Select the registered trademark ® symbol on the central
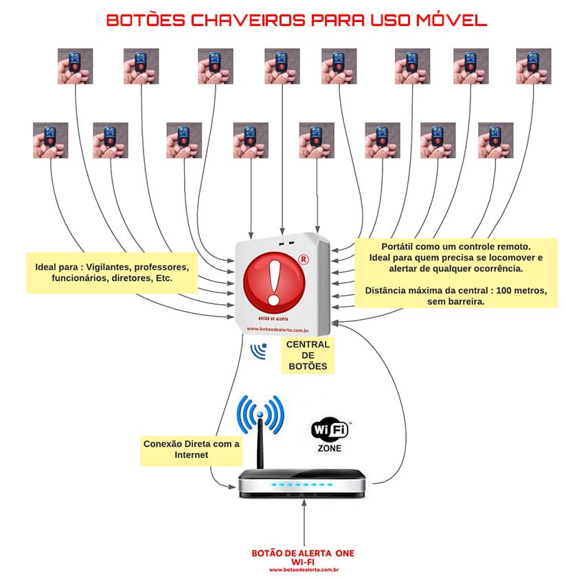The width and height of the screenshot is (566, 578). (x=303, y=259)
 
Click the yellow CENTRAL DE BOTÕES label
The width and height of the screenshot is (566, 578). (x=307, y=355)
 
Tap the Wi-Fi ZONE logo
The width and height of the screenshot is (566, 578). (x=330, y=434)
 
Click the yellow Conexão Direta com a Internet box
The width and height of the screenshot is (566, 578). (x=191, y=449)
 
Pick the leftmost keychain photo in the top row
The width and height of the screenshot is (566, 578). (x=75, y=66)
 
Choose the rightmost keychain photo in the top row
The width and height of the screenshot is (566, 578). (x=533, y=66)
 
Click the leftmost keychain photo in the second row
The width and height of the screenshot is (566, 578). (x=50, y=140)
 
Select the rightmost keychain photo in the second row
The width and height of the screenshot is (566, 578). (x=495, y=140)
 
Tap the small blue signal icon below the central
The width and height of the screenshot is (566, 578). (x=259, y=351)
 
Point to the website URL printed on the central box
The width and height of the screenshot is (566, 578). (x=275, y=328)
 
